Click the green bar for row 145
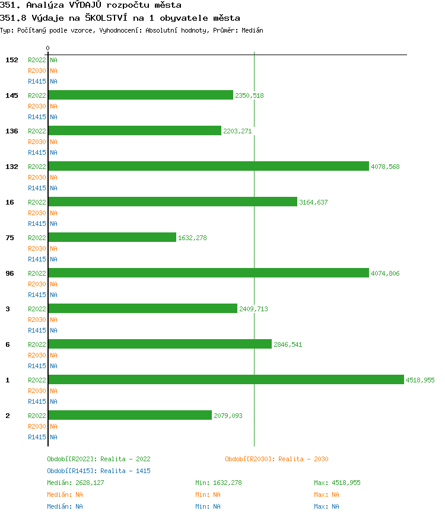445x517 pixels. (141, 95)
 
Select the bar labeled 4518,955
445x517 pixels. (226, 379)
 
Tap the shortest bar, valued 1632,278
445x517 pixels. (112, 237)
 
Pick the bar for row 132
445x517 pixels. (208, 166)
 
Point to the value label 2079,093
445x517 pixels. (228, 416)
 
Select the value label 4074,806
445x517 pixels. (385, 273)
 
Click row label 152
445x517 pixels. (12, 60)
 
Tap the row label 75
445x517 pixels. (9, 238)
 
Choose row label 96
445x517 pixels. (9, 273)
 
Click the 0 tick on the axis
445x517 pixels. (48, 48)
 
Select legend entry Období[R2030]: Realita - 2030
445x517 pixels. (276, 459)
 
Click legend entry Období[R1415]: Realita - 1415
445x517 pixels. (98, 471)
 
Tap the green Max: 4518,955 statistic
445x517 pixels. (337, 483)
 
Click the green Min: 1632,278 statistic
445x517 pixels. (218, 483)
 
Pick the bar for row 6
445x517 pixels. (160, 344)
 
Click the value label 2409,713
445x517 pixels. (253, 309)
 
